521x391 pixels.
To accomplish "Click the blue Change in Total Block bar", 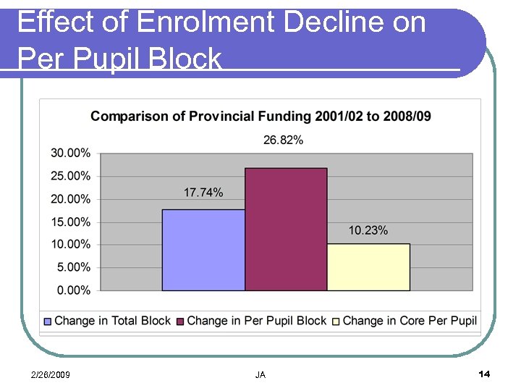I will [203, 250].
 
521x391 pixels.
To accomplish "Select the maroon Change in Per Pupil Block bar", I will [286, 230].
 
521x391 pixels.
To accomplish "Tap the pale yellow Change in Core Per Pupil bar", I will [368, 267].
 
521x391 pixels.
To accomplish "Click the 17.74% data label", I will [203, 193].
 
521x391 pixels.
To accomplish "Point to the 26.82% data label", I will [283, 140].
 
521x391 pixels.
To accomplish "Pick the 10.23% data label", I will [368, 230].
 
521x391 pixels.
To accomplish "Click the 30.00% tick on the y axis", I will [71, 153].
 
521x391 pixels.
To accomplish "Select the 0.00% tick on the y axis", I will [74, 290].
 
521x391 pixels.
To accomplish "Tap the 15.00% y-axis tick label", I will [71, 222].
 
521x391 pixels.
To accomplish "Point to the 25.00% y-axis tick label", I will [71, 176].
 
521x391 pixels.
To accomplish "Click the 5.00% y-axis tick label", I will [74, 267].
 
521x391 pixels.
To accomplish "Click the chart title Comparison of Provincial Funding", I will [260, 117].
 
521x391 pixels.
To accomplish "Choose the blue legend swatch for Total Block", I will [48, 321].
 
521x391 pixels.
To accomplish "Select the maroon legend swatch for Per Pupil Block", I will [181, 321].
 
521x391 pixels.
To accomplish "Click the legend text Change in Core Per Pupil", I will [410, 321].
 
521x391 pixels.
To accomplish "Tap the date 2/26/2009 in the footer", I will [50, 374].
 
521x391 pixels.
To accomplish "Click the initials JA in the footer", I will [260, 374].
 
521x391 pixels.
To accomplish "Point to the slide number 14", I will [484, 374].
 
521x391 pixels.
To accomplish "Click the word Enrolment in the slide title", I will [206, 23].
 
